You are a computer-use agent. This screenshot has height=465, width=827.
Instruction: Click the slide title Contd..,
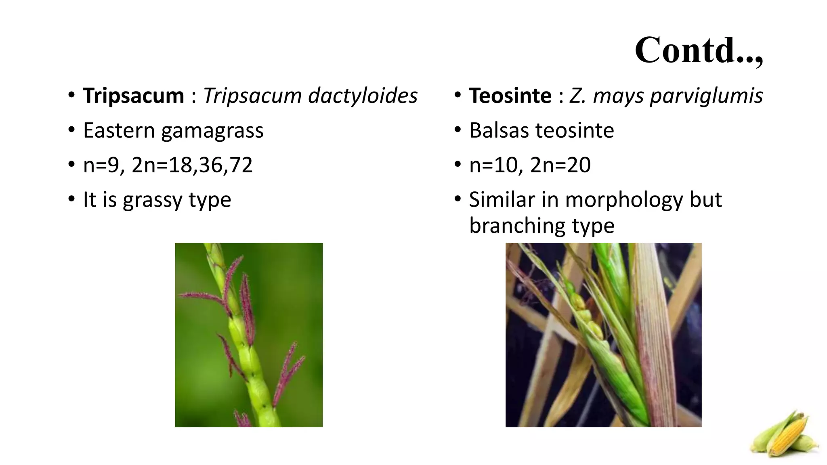coord(699,50)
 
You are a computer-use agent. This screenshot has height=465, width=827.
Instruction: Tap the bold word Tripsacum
coord(133,96)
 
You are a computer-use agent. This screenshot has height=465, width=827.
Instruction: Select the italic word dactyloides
coord(363,96)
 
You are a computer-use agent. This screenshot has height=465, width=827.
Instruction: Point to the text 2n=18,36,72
coord(192,165)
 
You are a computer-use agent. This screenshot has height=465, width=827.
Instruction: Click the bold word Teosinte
coord(510,96)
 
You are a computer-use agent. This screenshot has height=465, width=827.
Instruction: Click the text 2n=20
coord(560,165)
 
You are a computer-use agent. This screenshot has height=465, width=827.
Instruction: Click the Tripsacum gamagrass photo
coord(249,335)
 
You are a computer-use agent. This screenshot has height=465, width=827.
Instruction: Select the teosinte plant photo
coord(603,335)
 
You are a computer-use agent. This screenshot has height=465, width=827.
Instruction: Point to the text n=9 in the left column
coord(103,165)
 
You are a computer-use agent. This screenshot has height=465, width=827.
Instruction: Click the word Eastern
coord(119,130)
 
